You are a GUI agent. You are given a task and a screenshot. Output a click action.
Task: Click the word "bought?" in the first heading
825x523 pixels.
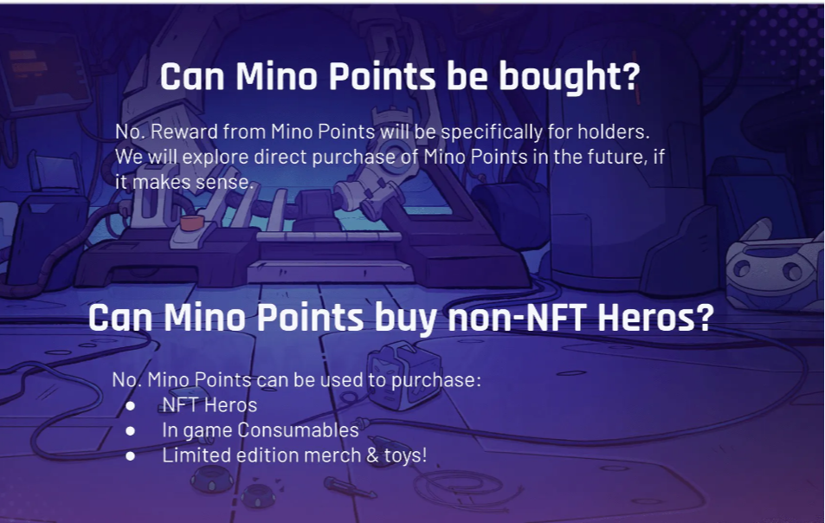point(569,77)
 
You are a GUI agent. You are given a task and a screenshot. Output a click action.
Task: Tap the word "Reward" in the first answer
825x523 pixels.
point(184,132)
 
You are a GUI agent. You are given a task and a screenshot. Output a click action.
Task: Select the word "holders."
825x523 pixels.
point(614,132)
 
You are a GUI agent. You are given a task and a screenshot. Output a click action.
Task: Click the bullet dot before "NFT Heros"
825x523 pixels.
point(131,405)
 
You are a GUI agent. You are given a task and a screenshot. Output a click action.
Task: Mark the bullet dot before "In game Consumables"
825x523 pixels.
point(131,431)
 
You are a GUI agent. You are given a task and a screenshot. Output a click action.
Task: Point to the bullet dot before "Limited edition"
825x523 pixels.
point(131,455)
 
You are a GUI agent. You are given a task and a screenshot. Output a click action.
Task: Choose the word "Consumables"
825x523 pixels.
point(298,430)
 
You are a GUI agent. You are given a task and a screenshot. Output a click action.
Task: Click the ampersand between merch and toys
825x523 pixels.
point(372,455)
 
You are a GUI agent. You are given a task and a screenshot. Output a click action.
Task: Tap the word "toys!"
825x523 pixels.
point(405,455)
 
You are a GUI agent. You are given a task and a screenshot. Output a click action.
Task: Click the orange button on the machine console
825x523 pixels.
point(191,223)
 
